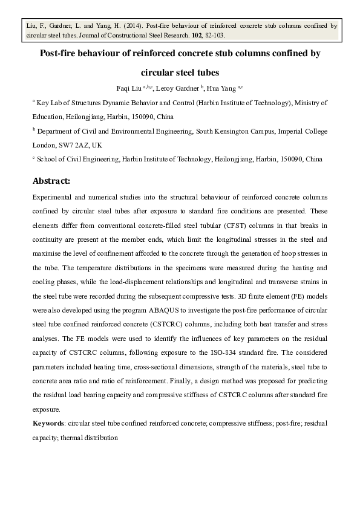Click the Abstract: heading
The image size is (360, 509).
pos(51,181)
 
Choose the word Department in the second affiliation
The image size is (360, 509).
pos(57,131)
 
